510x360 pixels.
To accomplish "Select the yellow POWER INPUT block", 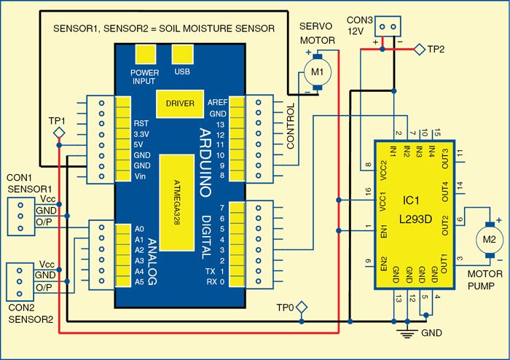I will pyautogui.click(x=145, y=55).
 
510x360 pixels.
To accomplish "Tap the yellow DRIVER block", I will pyautogui.click(x=180, y=103).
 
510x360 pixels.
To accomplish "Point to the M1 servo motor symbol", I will pyautogui.click(x=316, y=71).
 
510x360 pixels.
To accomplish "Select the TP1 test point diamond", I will pyautogui.click(x=60, y=132).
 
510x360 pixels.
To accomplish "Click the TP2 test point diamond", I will pyautogui.click(x=419, y=49).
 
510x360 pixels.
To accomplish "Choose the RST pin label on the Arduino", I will pyautogui.click(x=142, y=123).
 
